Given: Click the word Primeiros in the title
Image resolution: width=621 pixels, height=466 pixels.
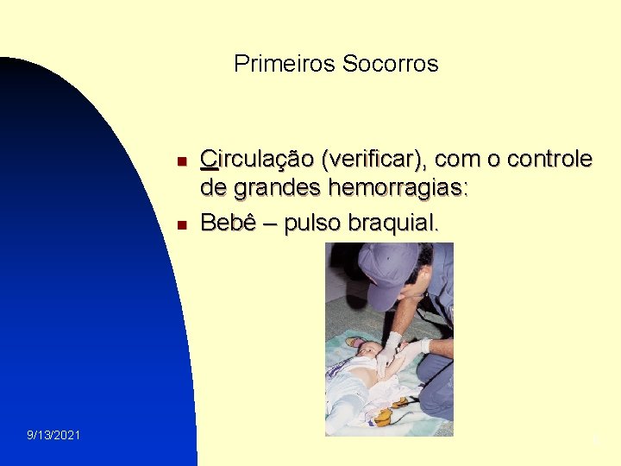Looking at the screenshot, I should (x=285, y=64).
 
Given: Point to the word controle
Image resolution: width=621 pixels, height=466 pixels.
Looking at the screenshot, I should (x=549, y=160).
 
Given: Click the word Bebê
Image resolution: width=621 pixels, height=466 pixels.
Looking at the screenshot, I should (x=226, y=223).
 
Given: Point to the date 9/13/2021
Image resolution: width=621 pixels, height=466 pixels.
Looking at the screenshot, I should (x=53, y=435).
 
